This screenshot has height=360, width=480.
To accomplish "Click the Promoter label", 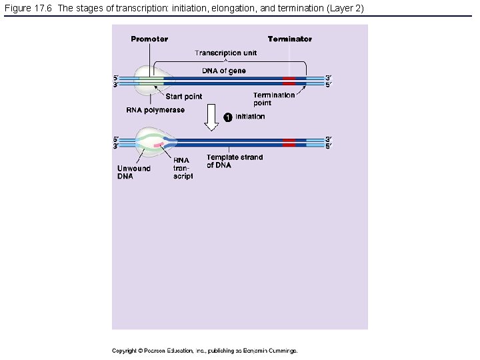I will [149, 39].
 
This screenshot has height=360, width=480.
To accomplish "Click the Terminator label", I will [289, 39].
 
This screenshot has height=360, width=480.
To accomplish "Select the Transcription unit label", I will [225, 53].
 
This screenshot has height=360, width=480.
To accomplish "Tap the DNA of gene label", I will [224, 71].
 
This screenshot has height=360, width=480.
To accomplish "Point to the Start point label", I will [184, 97].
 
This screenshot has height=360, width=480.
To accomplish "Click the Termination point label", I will [273, 99].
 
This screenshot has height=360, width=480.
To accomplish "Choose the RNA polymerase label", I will [155, 110].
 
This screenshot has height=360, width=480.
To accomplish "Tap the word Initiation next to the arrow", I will [250, 117].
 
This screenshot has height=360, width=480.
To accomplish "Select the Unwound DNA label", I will [134, 172].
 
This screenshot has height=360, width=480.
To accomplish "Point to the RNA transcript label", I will [183, 168].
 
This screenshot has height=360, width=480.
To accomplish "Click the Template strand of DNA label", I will [235, 161].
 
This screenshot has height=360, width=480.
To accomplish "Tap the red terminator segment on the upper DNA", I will [289, 81].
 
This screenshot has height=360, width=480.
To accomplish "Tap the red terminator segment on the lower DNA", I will [289, 143].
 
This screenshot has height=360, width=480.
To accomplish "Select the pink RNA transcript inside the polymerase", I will [158, 144].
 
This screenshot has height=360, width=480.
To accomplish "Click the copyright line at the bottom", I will [205, 350].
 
